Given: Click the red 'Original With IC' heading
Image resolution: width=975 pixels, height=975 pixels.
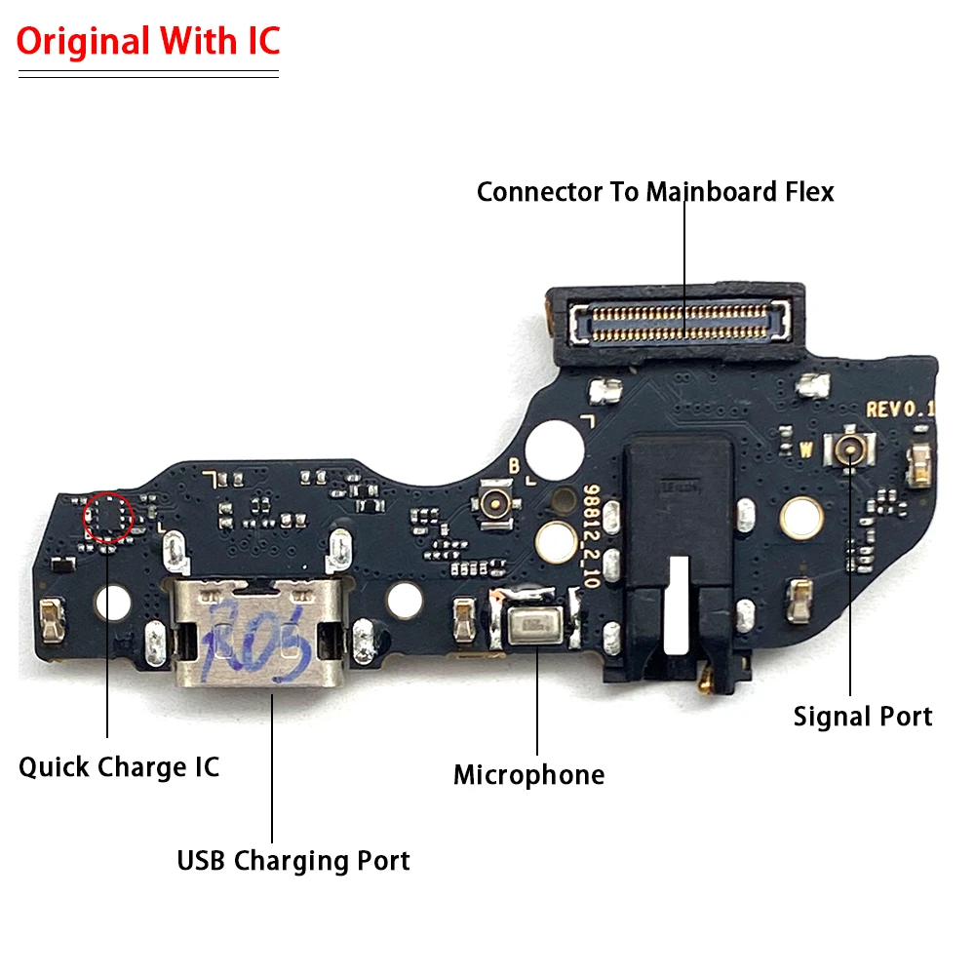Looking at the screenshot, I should (x=148, y=41).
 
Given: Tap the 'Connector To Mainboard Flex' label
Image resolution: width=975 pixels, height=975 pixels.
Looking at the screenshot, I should (x=655, y=192).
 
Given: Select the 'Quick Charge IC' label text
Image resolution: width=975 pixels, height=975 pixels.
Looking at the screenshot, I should (x=119, y=766).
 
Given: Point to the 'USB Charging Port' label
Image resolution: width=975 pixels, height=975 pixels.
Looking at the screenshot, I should (x=293, y=861).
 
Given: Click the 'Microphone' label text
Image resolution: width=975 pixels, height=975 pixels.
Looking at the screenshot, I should (x=528, y=775).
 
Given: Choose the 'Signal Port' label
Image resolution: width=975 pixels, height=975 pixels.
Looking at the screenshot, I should (x=863, y=717).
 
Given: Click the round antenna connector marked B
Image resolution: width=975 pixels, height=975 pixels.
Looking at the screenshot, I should (x=495, y=502).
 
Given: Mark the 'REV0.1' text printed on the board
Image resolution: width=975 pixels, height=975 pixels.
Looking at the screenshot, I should (x=900, y=410).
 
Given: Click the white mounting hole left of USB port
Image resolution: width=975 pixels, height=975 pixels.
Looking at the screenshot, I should (x=113, y=603).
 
